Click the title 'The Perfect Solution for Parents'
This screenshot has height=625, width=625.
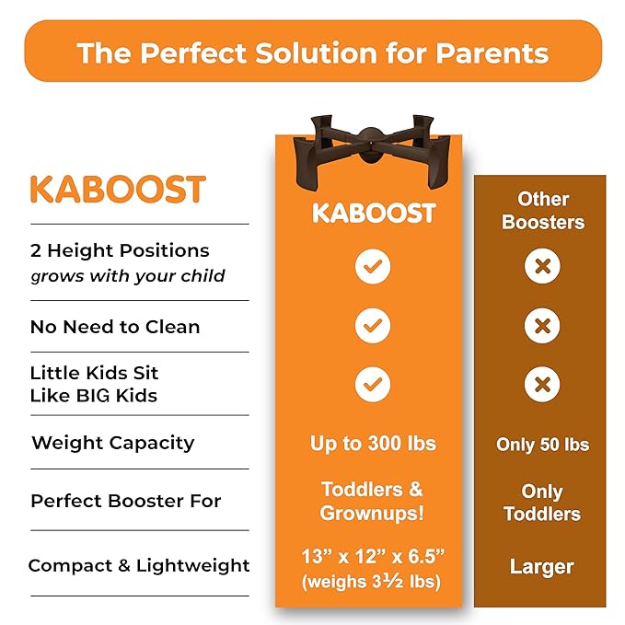pyautogui.click(x=313, y=52)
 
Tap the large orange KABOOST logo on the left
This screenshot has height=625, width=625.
pyautogui.click(x=117, y=189)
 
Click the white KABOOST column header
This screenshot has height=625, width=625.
pyautogui.click(x=373, y=213)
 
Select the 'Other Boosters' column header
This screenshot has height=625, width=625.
pyautogui.click(x=543, y=210)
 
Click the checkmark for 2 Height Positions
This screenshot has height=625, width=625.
pyautogui.click(x=373, y=267)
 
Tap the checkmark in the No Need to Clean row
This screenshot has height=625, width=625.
pyautogui.click(x=373, y=326)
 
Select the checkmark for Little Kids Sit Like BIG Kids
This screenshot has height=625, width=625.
pyautogui.click(x=373, y=385)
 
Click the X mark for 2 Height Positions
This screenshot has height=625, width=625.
pyautogui.click(x=543, y=267)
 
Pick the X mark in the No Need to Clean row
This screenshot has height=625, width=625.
pyautogui.click(x=543, y=326)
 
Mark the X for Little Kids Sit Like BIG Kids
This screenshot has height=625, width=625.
pyautogui.click(x=543, y=385)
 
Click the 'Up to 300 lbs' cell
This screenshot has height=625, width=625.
pyautogui.click(x=372, y=443)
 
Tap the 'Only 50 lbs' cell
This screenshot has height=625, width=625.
pyautogui.click(x=542, y=445)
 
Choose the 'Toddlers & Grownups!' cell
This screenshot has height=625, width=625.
pyautogui.click(x=372, y=500)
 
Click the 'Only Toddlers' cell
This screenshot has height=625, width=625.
pyautogui.click(x=542, y=502)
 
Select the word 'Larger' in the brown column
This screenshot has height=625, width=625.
pyautogui.click(x=542, y=566)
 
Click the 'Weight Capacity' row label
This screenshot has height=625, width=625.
pyautogui.click(x=112, y=443)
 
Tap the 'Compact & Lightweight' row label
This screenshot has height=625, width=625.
pyautogui.click(x=139, y=565)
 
